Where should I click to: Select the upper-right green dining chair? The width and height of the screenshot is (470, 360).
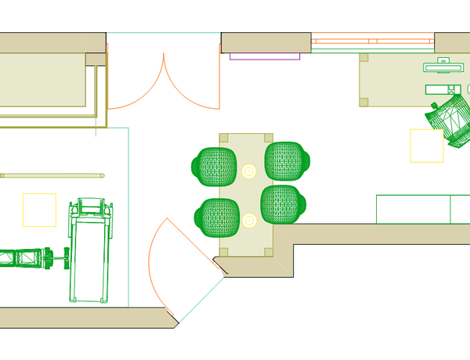[x=288, y=160]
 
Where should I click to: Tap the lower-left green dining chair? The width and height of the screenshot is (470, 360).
[x=216, y=217]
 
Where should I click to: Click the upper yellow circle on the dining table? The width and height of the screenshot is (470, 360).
[x=249, y=171]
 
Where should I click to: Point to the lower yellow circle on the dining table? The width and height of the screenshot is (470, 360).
[x=249, y=221]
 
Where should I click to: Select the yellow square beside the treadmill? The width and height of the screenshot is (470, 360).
[x=39, y=210]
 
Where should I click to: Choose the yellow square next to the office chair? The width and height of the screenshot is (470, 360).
[x=427, y=146]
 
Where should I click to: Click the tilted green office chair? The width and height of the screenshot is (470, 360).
[x=449, y=120]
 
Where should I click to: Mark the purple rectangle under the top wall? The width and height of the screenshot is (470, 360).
[x=265, y=56]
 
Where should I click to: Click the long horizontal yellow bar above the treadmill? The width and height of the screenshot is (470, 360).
[x=52, y=175]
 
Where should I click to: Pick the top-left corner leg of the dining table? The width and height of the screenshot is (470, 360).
[x=224, y=138]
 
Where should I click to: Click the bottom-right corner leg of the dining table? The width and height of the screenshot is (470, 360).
[x=268, y=251]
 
